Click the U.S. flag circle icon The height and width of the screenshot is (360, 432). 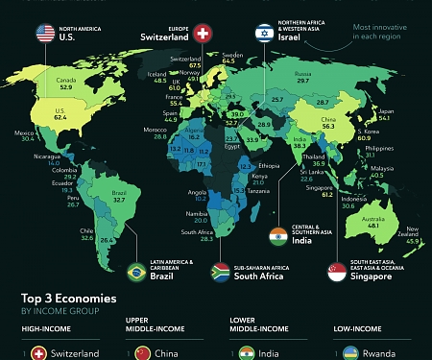point(45,35)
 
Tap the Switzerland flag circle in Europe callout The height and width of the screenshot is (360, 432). point(203,35)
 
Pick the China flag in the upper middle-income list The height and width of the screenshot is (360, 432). point(141,353)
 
